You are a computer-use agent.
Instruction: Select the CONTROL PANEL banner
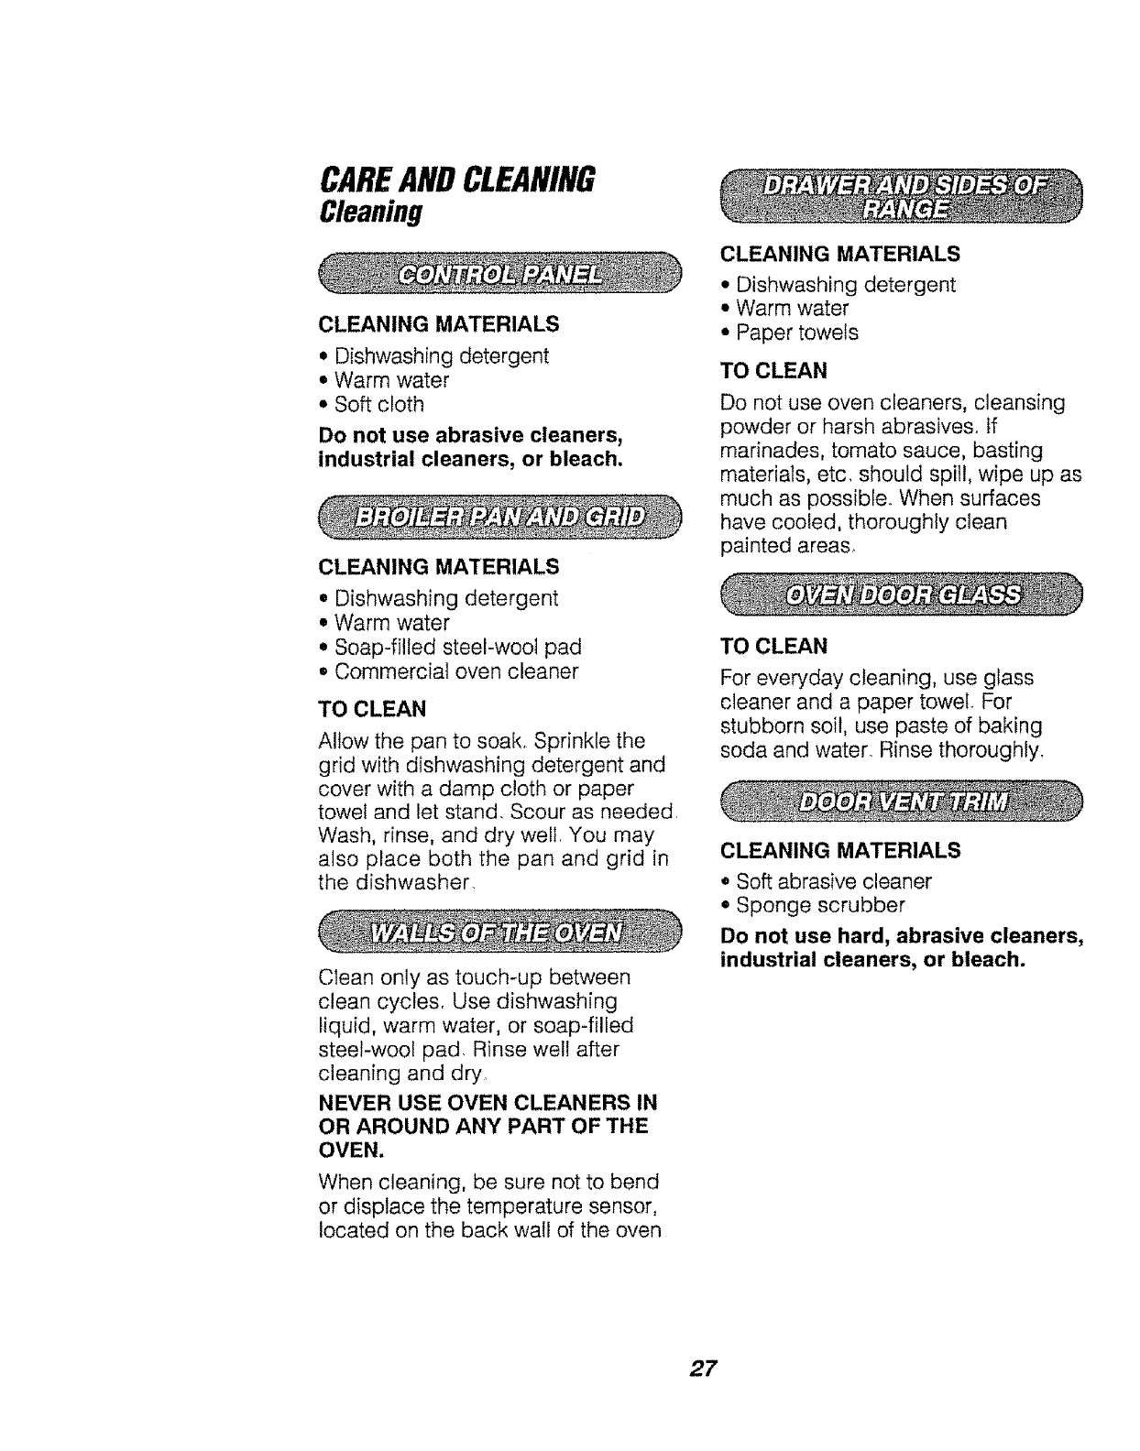pos(500,276)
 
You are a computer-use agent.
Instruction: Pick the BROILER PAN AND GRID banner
pos(500,519)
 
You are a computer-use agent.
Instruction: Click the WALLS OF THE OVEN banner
pos(500,933)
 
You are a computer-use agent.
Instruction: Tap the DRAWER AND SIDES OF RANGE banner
pos(902,198)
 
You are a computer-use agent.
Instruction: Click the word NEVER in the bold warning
pos(353,1100)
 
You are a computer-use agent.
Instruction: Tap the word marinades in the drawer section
pos(768,451)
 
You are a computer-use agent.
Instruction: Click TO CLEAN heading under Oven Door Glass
pos(774,647)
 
